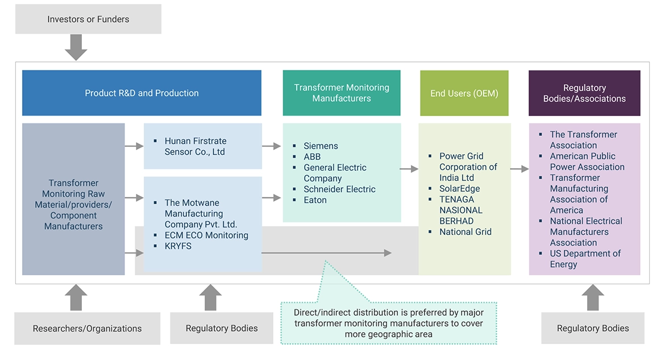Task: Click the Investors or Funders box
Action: tap(88, 19)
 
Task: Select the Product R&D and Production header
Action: tap(142, 93)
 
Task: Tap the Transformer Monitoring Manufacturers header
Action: tap(342, 93)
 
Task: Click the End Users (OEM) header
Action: tap(464, 93)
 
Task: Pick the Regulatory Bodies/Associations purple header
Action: tap(584, 93)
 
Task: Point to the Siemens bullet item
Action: tap(321, 146)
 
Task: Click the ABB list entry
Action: tap(312, 157)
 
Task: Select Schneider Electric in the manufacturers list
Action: tap(339, 189)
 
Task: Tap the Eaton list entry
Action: tap(315, 200)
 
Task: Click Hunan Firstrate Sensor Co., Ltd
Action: tap(196, 146)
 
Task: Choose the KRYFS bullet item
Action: tap(178, 246)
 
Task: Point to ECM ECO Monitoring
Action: tap(206, 235)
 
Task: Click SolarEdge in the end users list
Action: tap(459, 189)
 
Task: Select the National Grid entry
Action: tap(465, 232)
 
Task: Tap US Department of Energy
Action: tap(585, 259)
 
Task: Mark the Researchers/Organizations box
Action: tap(87, 329)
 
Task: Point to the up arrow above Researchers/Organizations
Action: tap(76, 297)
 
